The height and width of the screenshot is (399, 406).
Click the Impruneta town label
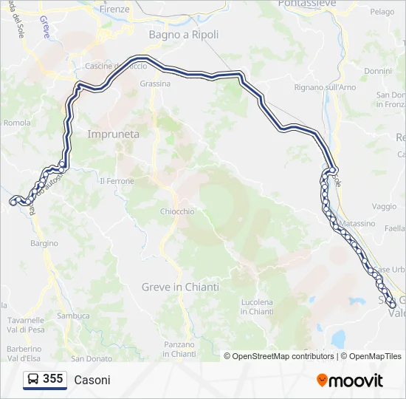coord(113,134)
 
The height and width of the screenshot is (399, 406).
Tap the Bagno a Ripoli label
coord(179,34)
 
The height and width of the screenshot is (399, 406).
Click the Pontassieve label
coord(308,4)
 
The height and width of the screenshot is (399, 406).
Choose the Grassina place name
coord(155,84)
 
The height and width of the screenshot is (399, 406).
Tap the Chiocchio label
coord(177,211)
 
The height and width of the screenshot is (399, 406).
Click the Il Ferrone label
coord(117,181)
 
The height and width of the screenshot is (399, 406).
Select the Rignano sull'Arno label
coord(326,87)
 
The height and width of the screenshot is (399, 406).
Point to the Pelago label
coord(382,12)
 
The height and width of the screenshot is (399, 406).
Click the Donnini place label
coord(378,71)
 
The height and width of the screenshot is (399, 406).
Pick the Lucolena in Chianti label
coord(257,307)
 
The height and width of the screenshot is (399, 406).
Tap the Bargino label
coord(44,243)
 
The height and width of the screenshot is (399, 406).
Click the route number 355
coord(52,379)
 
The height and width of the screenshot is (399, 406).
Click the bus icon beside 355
coord(33,380)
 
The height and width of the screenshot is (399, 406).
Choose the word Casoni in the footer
coord(92,380)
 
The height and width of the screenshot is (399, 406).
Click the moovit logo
coord(350,381)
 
